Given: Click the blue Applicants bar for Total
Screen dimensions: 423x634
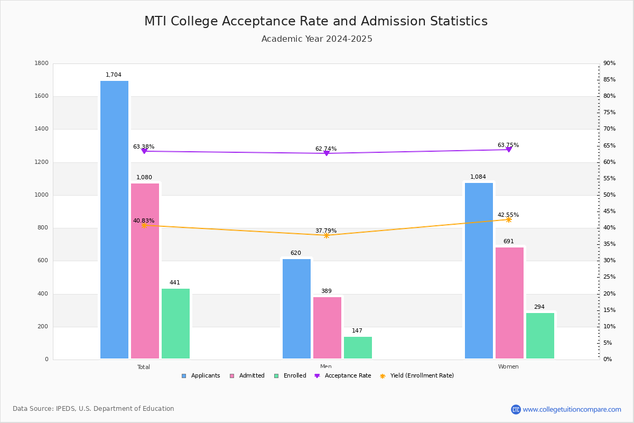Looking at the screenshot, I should (114, 219).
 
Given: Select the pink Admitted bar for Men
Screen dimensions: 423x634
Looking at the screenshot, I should (327, 328).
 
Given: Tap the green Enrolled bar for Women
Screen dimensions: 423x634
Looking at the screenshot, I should (540, 336).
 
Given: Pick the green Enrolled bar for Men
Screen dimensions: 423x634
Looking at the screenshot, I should (358, 348).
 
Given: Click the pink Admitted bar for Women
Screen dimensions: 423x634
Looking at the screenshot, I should (509, 303).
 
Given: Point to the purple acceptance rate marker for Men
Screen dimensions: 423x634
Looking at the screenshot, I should (326, 153).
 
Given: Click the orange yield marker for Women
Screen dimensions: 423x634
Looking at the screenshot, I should (508, 219).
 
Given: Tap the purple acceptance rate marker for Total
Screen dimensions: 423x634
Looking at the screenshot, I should (144, 151).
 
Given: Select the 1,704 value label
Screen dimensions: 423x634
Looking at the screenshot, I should (114, 75).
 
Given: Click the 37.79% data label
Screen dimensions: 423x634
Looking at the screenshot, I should (326, 231).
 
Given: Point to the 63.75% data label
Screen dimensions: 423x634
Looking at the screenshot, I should (508, 145).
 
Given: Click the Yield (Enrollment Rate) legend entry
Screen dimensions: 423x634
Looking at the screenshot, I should (422, 376).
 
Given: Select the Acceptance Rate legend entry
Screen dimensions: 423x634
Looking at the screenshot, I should (348, 376).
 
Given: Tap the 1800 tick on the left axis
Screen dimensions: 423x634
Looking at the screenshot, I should (41, 63).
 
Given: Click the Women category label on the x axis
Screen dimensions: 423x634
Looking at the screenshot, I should (508, 367).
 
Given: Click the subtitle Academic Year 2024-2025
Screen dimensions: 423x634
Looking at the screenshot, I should (317, 39).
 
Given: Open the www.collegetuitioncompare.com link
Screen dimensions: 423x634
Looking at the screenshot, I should (572, 409).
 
